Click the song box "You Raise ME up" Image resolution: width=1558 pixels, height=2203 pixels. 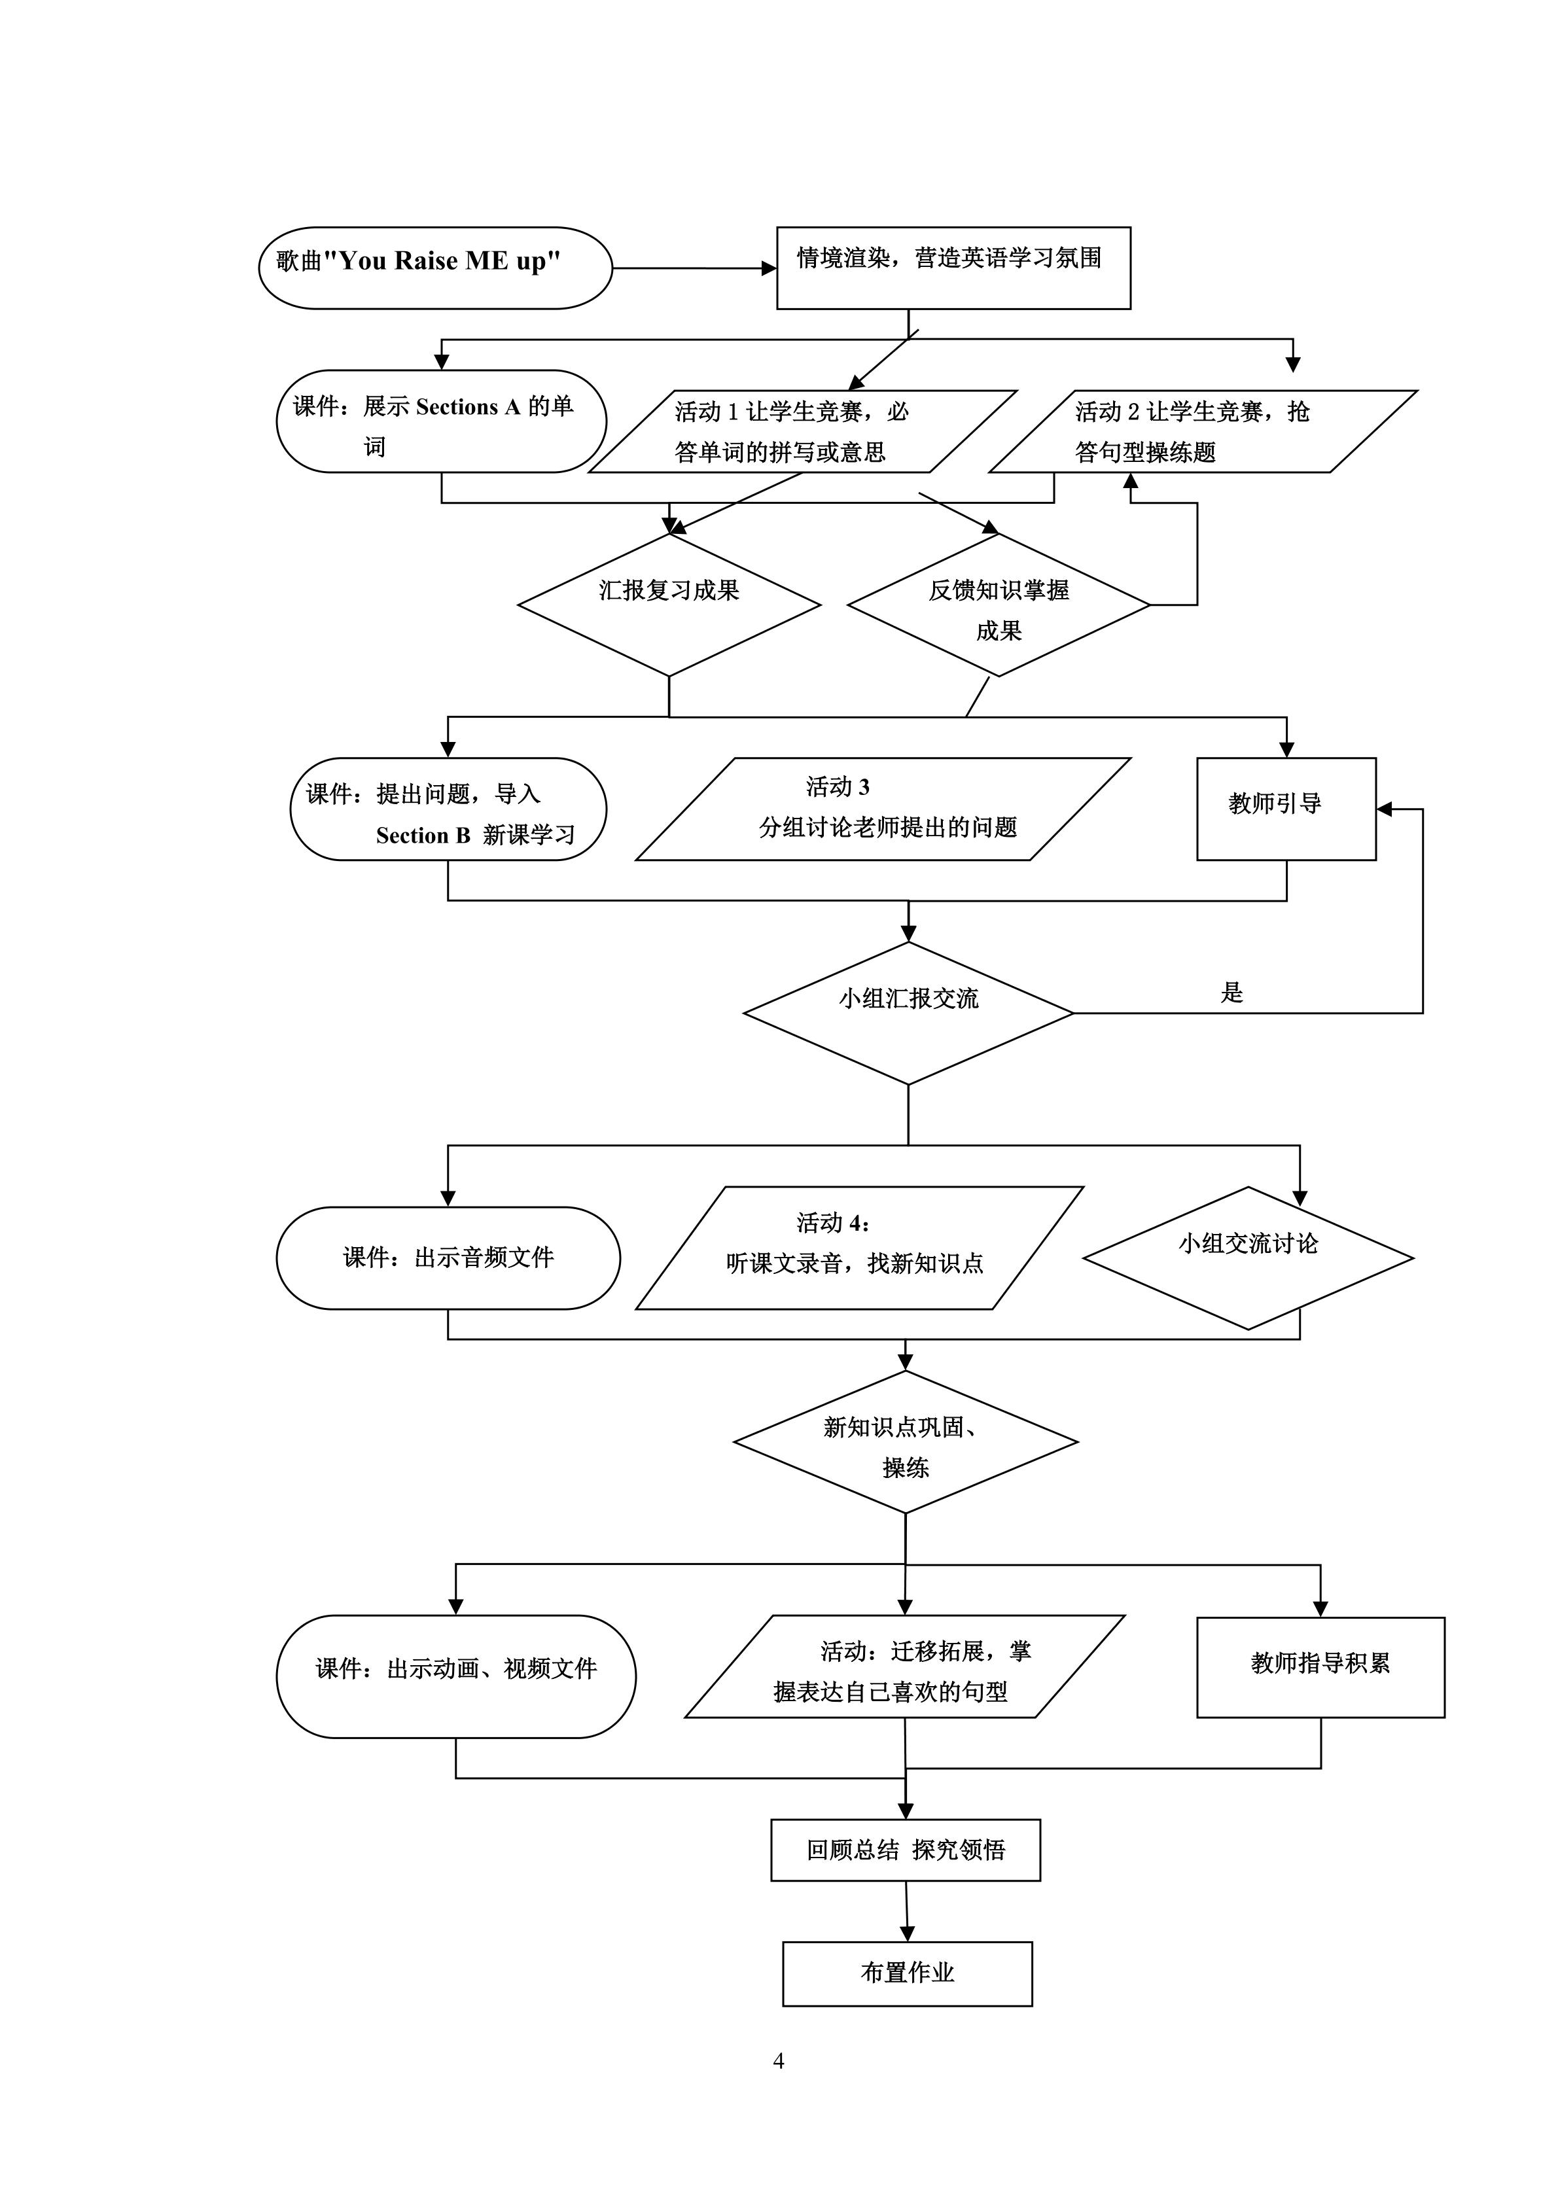[x=434, y=268]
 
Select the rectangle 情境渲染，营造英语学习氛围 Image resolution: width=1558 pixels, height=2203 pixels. [x=953, y=268]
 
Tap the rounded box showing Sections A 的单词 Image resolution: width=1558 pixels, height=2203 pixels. [x=441, y=421]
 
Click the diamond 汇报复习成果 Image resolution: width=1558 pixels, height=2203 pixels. [x=669, y=605]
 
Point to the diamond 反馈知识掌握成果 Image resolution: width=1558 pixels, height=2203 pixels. [x=999, y=605]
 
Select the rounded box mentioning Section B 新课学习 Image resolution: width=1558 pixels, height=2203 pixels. [x=448, y=809]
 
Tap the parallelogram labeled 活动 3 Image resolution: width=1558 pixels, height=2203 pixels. [x=883, y=809]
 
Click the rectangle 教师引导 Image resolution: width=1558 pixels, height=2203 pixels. [x=1286, y=808]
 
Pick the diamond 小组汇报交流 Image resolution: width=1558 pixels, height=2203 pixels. [x=908, y=1012]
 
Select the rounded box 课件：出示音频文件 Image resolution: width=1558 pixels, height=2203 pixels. [x=448, y=1258]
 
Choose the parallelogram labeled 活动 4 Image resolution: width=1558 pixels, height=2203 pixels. [x=859, y=1247]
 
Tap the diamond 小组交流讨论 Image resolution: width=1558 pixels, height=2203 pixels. [x=1248, y=1258]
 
